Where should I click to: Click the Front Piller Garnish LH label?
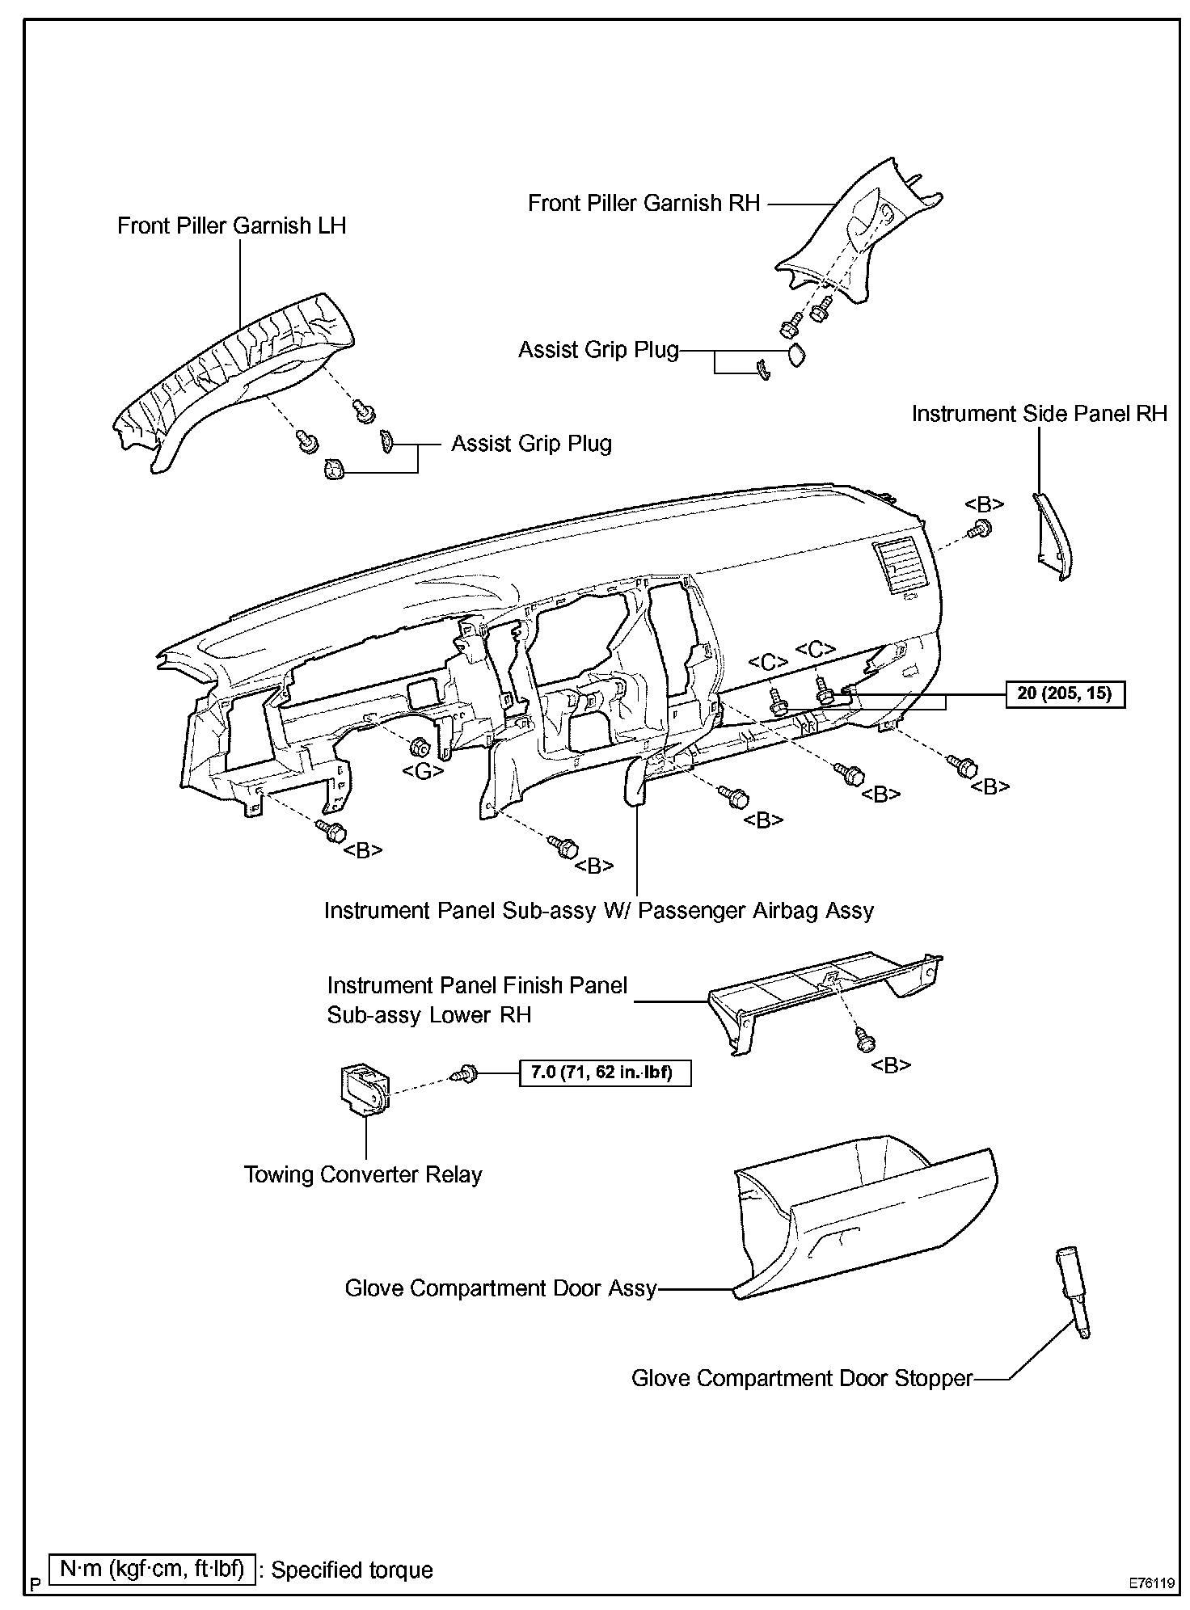[x=231, y=225]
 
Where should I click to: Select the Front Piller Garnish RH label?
[x=644, y=203]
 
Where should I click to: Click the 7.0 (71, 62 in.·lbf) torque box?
[x=602, y=1073]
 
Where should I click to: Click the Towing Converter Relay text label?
[x=363, y=1174]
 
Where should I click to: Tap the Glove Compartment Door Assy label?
[x=500, y=1288]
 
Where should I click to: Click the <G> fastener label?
[x=422, y=771]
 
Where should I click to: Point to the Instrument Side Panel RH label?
[x=1039, y=414]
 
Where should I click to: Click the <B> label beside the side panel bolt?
[x=984, y=505]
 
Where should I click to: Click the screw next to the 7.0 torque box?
[x=467, y=1073]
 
